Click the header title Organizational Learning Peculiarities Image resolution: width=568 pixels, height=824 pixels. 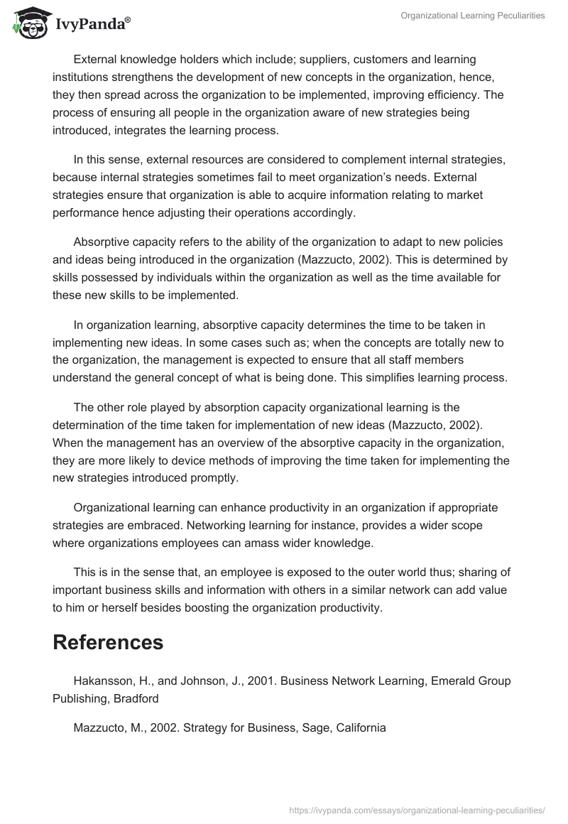[x=473, y=15]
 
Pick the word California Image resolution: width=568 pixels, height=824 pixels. [x=359, y=727]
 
